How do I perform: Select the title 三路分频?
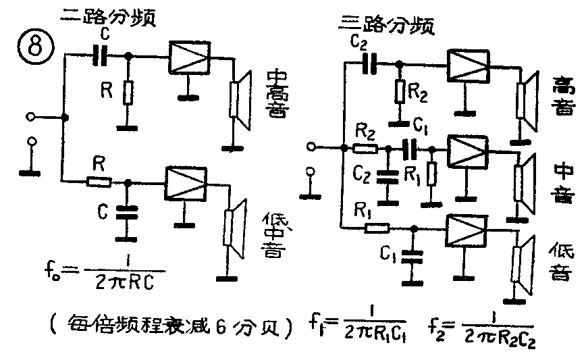pos(385,26)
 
